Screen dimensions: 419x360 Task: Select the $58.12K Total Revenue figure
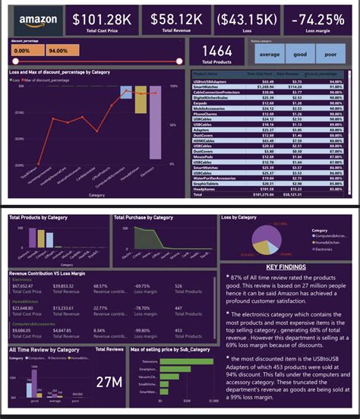[177, 18]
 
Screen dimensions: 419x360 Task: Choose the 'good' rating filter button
[301, 54]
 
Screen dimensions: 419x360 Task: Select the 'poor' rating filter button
[332, 54]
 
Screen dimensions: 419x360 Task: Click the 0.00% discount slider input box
[25, 50]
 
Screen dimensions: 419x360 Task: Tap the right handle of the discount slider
[179, 61]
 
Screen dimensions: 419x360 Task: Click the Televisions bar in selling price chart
[188, 362]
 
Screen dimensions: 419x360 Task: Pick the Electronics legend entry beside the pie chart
[326, 247]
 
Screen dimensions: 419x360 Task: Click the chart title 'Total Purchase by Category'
[144, 218]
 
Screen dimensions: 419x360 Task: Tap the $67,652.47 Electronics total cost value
[24, 286]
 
